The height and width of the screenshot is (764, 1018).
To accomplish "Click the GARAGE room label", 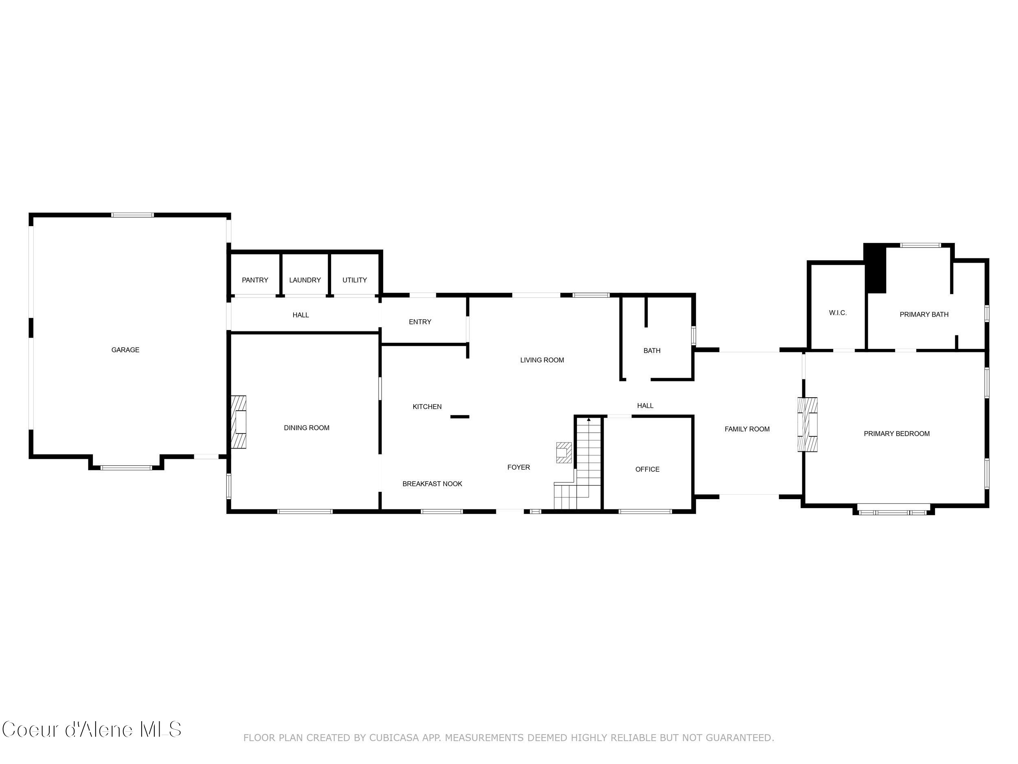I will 125,350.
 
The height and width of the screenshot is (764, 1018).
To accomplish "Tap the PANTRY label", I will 255,280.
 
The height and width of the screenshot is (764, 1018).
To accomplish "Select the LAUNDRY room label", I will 305,280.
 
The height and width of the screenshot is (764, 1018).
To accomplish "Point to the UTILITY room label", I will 354,280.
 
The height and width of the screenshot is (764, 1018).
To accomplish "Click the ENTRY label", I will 420,322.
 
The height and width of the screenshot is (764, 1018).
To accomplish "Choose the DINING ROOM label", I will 307,428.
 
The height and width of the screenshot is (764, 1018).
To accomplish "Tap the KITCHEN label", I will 427,407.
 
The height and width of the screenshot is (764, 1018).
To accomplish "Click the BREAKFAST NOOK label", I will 432,484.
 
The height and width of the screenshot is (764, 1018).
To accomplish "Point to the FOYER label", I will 518,467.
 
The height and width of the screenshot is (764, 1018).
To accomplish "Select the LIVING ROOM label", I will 542,360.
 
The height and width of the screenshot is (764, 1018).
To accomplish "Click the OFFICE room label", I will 647,469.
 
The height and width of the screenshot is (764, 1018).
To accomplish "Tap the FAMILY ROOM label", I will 746,429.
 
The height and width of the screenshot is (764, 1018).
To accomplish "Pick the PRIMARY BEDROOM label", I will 896,434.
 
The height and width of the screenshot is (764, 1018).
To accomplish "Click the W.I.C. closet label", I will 838,313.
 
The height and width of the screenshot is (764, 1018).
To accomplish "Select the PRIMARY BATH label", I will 924,315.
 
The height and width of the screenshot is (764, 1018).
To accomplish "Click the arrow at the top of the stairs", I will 589,420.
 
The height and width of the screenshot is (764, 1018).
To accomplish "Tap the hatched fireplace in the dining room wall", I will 238,422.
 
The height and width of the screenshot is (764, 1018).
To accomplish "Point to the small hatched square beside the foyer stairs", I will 564,453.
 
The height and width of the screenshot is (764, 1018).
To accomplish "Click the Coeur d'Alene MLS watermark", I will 92,729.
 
